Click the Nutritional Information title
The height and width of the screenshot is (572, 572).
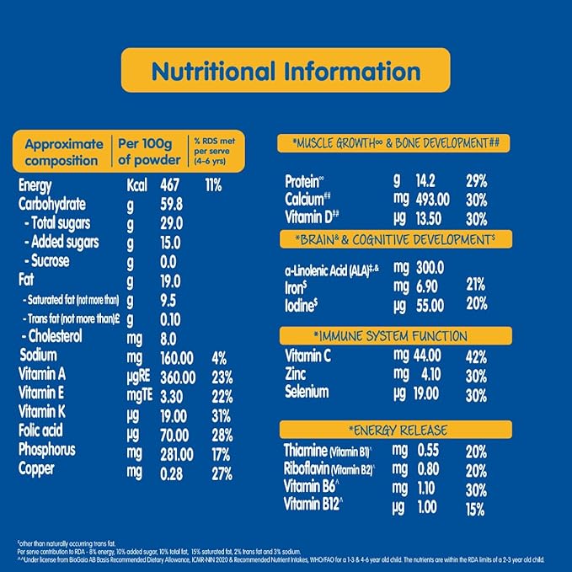pyautogui.click(x=286, y=70)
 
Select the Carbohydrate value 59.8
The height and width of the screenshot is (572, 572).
pyautogui.click(x=173, y=204)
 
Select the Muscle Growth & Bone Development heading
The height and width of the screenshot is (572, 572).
pyautogui.click(x=394, y=144)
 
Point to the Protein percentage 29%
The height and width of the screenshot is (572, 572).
pyautogui.click(x=476, y=180)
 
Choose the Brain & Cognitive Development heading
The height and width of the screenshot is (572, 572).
pyautogui.click(x=394, y=240)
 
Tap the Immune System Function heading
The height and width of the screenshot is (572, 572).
pyautogui.click(x=394, y=336)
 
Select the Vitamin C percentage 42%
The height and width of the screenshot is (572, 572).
pyautogui.click(x=476, y=356)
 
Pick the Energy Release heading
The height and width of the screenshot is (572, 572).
pyautogui.click(x=394, y=430)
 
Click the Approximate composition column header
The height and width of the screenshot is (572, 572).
pyautogui.click(x=64, y=152)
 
